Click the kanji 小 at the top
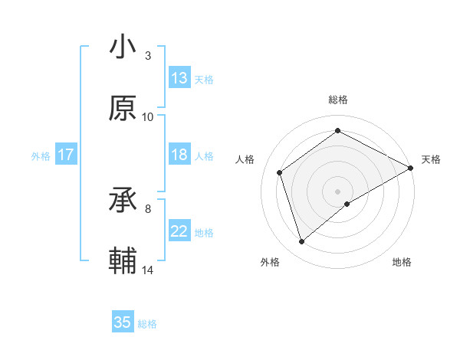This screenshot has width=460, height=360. (123, 47)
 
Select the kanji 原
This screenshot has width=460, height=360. (123, 109)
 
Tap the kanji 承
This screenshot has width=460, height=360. (123, 201)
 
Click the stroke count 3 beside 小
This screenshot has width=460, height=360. (148, 56)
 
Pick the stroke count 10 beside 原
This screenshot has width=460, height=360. (148, 117)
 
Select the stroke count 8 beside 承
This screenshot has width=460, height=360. (148, 208)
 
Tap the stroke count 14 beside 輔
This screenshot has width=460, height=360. (148, 270)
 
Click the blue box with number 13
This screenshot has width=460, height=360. (179, 78)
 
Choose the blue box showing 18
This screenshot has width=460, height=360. (179, 155)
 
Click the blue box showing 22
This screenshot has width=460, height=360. (179, 231)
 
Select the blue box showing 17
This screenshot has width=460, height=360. (65, 155)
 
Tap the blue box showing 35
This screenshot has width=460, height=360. (123, 322)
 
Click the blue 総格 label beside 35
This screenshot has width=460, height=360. (147, 324)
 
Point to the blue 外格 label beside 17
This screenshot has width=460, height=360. (41, 156)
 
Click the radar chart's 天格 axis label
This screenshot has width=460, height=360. (431, 159)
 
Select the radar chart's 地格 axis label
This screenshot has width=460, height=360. (402, 263)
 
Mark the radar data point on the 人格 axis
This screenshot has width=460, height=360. (280, 172)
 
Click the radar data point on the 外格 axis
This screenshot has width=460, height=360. (301, 242)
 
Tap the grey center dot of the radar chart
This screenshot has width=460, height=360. (338, 191)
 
